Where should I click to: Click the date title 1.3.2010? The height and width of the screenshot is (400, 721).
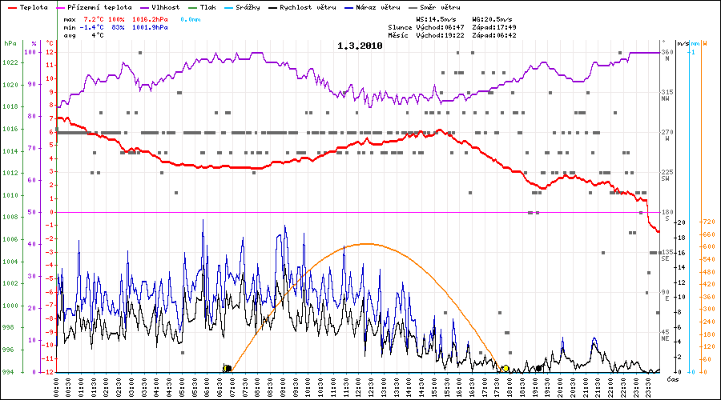pos(360,46)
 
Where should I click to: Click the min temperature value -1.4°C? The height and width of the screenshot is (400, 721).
pos(95,27)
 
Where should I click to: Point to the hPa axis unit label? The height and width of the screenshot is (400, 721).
pos(10,43)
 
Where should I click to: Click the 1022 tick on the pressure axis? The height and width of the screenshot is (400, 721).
pos(10,62)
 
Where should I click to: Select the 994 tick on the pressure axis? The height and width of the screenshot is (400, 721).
pos(8,372)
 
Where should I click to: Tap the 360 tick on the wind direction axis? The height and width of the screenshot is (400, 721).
pos(667,52)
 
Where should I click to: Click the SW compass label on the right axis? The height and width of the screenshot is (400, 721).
pos(665,179)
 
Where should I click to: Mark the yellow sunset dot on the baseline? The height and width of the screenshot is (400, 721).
pos(506,368)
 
